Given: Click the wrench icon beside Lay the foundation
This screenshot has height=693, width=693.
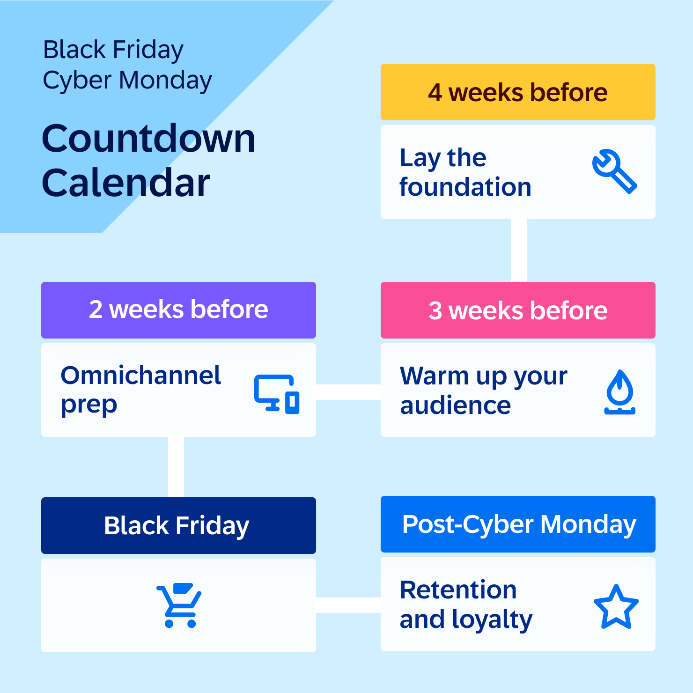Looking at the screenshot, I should point(614,171).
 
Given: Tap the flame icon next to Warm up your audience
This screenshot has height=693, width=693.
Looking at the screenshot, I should point(619,392).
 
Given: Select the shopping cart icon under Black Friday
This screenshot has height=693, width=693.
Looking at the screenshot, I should point(179,605).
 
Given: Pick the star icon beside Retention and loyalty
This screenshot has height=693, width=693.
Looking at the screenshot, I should point(616,607).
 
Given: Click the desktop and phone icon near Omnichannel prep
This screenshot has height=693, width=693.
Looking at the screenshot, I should point(277,394).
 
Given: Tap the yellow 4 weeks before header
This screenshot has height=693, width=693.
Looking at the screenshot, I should point(518,92).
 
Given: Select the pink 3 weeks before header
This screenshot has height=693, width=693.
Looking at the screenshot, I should point(518,310).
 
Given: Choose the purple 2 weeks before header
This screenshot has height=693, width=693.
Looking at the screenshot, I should point(178,310).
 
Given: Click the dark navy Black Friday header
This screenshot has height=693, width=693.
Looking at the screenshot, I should point(178,525).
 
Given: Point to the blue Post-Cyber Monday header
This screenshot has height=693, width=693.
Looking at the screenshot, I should point(518,524).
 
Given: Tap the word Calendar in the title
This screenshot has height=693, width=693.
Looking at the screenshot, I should point(126,183).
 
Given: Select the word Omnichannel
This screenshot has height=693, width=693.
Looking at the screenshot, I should point(140,376).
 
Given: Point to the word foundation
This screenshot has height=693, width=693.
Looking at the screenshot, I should point(465,187).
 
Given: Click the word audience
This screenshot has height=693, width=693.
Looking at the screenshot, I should point(455,405).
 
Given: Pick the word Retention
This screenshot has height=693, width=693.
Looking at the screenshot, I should point(458,590).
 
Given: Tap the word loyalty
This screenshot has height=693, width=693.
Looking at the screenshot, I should point(492,620).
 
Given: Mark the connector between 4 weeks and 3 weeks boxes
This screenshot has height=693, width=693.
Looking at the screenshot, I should point(519,250).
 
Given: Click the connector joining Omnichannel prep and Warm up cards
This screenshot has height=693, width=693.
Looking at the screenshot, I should point(348,392).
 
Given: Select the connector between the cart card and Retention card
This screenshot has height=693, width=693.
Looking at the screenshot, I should point(348,605).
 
